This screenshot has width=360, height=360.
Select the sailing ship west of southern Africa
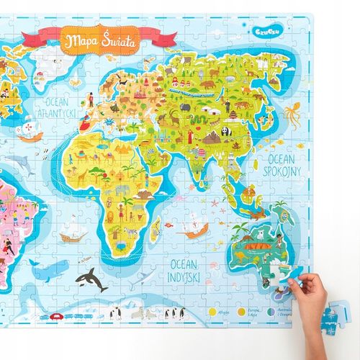pos(73,233)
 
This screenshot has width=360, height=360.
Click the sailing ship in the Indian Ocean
pos(192,229)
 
